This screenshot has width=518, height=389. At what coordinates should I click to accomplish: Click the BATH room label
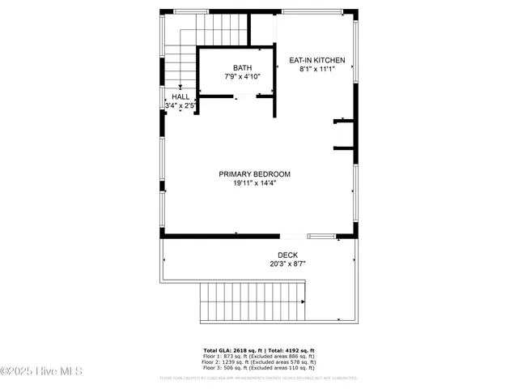coord(243,67)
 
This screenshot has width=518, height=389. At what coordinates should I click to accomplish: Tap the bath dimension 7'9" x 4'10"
coord(243,76)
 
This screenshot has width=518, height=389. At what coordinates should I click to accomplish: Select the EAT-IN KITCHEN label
coord(317,60)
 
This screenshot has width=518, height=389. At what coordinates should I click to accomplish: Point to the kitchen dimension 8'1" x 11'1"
coord(317,69)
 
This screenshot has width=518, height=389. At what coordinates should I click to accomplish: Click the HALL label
coord(180,96)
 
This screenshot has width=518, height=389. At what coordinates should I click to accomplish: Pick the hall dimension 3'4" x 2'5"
coord(180,105)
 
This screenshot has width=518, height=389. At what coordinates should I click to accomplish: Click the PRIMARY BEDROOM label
coord(254,174)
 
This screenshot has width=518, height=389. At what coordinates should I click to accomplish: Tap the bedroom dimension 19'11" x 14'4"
coord(254,183)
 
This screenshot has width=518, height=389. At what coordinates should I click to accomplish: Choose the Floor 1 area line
coord(259,357)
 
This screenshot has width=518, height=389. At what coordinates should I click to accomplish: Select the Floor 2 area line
coord(259,362)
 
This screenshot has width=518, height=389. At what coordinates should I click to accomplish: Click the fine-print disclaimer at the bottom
coord(259,377)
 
